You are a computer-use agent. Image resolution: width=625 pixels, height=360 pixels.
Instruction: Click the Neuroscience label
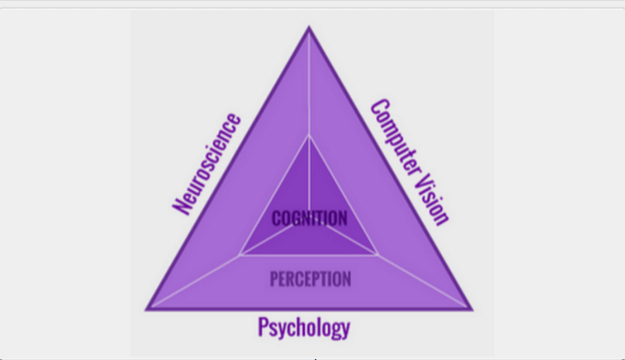[x=207, y=163]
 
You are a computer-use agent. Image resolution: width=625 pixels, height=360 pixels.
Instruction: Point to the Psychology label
[x=304, y=327]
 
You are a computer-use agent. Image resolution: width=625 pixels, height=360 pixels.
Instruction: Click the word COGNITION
[x=309, y=219]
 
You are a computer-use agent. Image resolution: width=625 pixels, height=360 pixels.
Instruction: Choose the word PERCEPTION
[x=310, y=279]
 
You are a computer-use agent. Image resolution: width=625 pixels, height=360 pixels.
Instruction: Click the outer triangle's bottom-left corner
[x=147, y=310]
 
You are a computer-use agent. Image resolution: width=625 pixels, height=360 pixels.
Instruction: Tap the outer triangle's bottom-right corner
[x=471, y=310]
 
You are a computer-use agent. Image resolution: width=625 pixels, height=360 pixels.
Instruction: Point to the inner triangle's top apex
[x=309, y=136]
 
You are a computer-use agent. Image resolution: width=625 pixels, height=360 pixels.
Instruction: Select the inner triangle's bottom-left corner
[x=240, y=254]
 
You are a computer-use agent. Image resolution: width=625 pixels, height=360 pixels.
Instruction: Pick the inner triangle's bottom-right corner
[x=378, y=254]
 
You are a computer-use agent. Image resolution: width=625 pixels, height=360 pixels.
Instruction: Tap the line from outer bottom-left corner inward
[x=194, y=282]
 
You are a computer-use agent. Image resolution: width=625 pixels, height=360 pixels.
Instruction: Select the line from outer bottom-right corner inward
[x=424, y=282]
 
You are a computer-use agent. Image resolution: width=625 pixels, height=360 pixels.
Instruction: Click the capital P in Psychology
[x=264, y=326]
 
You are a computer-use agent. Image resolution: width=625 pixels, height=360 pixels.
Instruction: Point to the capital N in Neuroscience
[x=181, y=206]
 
